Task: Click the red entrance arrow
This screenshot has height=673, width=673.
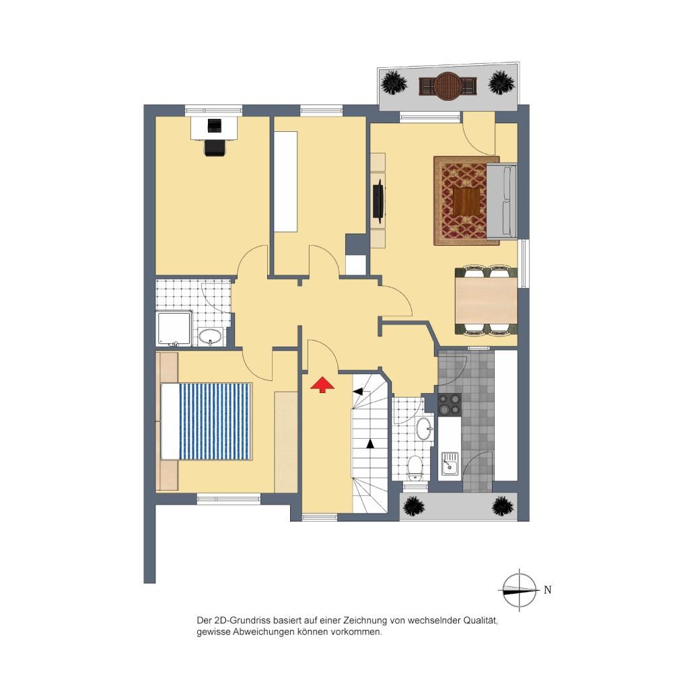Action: (322, 384)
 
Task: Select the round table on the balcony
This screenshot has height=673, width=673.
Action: (448, 86)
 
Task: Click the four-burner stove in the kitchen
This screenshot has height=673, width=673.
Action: (449, 404)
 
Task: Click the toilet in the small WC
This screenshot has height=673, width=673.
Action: (415, 468)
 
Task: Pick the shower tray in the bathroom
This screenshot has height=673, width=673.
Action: (174, 328)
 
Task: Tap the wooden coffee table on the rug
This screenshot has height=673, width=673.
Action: (469, 202)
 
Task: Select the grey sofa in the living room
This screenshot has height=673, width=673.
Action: (502, 201)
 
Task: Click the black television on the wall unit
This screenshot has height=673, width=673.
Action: (378, 201)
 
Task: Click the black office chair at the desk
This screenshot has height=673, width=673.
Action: (215, 147)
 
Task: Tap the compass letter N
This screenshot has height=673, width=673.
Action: (547, 590)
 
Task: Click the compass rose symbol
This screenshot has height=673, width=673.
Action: (520, 590)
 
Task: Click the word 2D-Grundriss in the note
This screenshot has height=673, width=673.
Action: (242, 621)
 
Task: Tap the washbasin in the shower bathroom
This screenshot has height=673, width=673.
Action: (210, 336)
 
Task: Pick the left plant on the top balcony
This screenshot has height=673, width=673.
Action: (394, 82)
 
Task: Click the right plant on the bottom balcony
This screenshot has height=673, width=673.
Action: (503, 507)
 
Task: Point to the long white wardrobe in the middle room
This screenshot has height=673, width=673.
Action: (285, 182)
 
